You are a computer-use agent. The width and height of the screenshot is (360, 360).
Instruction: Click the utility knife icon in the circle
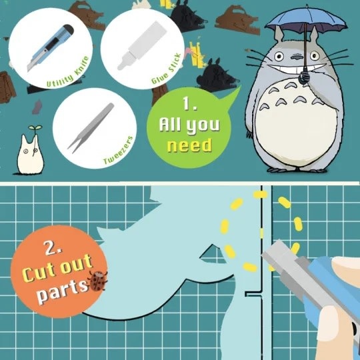[51, 48]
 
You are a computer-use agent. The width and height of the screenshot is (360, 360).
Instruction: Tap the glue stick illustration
[141, 45]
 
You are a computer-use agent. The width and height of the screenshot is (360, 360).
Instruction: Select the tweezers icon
[91, 128]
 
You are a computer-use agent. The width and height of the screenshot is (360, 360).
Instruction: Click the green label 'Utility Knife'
[68, 72]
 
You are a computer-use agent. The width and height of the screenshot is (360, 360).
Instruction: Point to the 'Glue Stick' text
[166, 69]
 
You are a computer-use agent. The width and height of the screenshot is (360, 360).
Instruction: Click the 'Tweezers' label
[118, 150]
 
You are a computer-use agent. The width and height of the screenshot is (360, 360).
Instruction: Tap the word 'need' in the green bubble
[189, 145]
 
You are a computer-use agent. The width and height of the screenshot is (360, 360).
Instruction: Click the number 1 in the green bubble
[189, 103]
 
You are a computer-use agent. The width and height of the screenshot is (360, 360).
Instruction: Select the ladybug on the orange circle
[98, 281]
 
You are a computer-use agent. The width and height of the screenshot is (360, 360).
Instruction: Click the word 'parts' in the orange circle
[63, 291]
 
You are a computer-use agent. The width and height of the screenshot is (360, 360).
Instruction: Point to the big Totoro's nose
[297, 57]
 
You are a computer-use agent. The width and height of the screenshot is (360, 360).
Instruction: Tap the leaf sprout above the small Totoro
[35, 127]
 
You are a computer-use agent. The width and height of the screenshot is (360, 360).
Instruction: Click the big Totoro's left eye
[279, 56]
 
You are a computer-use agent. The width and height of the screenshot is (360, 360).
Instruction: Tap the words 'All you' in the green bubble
[189, 125]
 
